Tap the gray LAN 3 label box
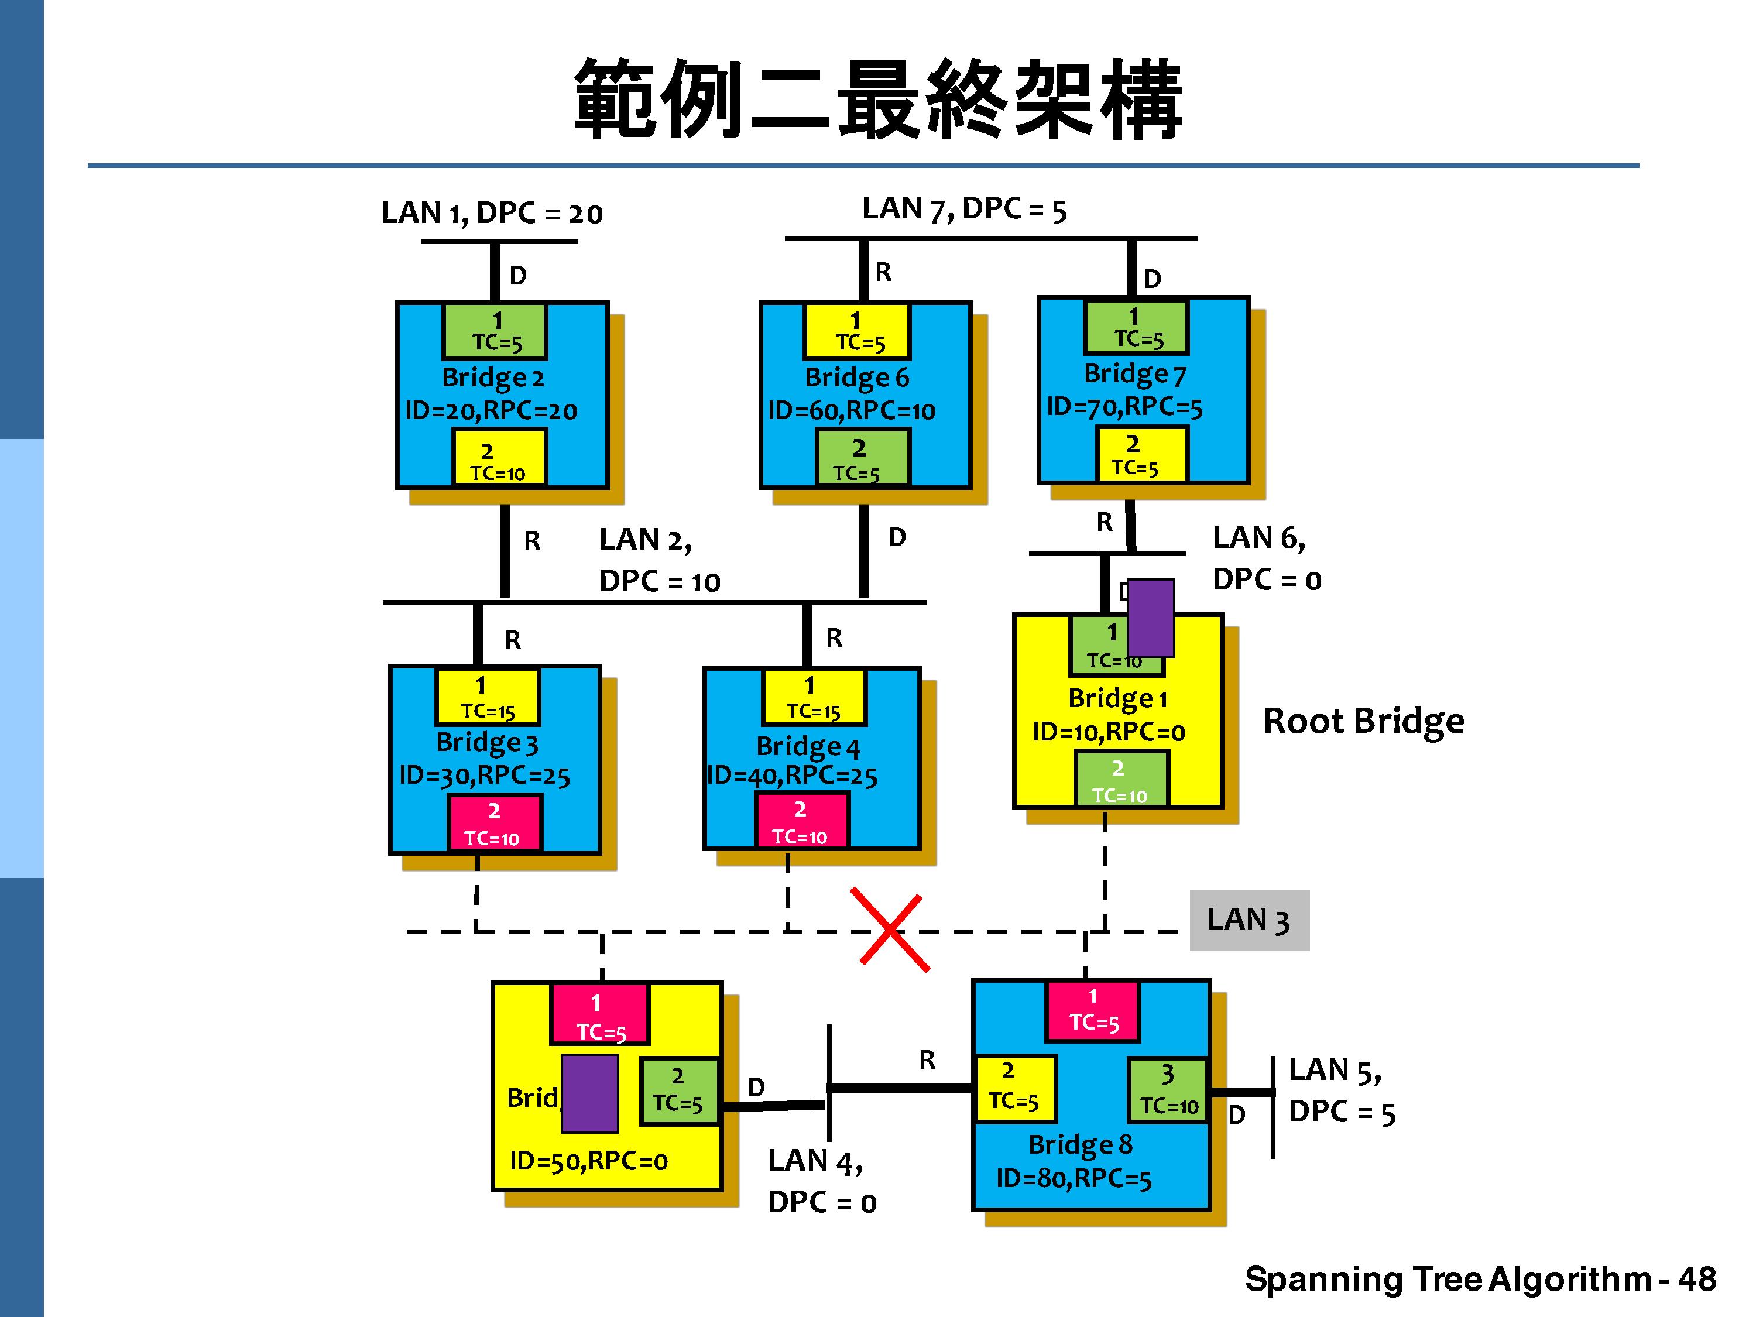point(1249,920)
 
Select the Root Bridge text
point(1363,721)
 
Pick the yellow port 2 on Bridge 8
point(1014,1088)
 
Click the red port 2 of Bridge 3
point(495,823)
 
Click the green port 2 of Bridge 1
point(1120,780)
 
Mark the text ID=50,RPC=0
point(588,1161)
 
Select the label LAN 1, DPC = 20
point(492,212)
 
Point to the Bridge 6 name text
point(856,377)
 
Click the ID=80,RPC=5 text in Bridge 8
point(1074,1179)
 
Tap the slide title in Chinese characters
point(878,100)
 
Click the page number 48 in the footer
point(1696,1279)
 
